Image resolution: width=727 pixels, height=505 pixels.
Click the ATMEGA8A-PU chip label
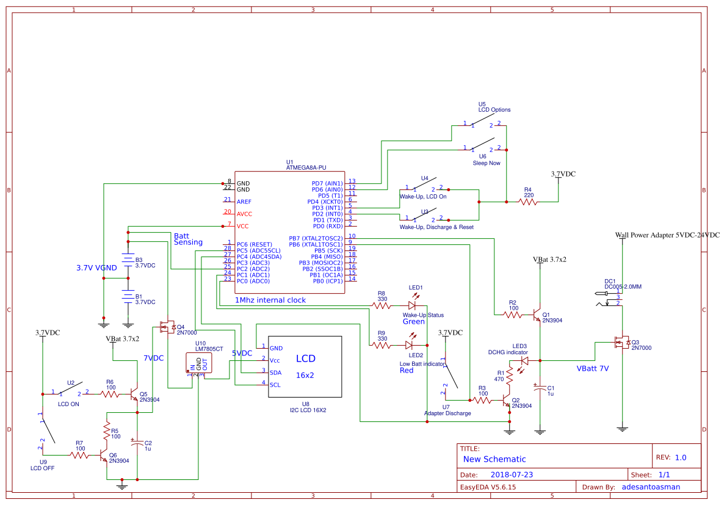[x=306, y=167]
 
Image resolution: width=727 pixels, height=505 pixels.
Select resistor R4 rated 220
[x=529, y=202]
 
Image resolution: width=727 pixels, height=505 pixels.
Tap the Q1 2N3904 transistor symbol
[x=537, y=316]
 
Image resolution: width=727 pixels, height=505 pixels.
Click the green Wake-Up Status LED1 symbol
[x=411, y=305]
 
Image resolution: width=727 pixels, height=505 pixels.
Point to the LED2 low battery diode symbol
[x=410, y=345]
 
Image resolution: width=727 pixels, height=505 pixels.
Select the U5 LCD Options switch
[x=482, y=125]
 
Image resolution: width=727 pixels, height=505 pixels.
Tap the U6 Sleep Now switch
[x=482, y=148]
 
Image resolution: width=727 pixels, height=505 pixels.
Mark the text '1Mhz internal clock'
[x=270, y=300]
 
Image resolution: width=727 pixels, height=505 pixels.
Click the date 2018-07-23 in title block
[x=512, y=474]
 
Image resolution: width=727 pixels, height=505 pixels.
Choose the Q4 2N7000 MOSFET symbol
[x=166, y=327]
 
